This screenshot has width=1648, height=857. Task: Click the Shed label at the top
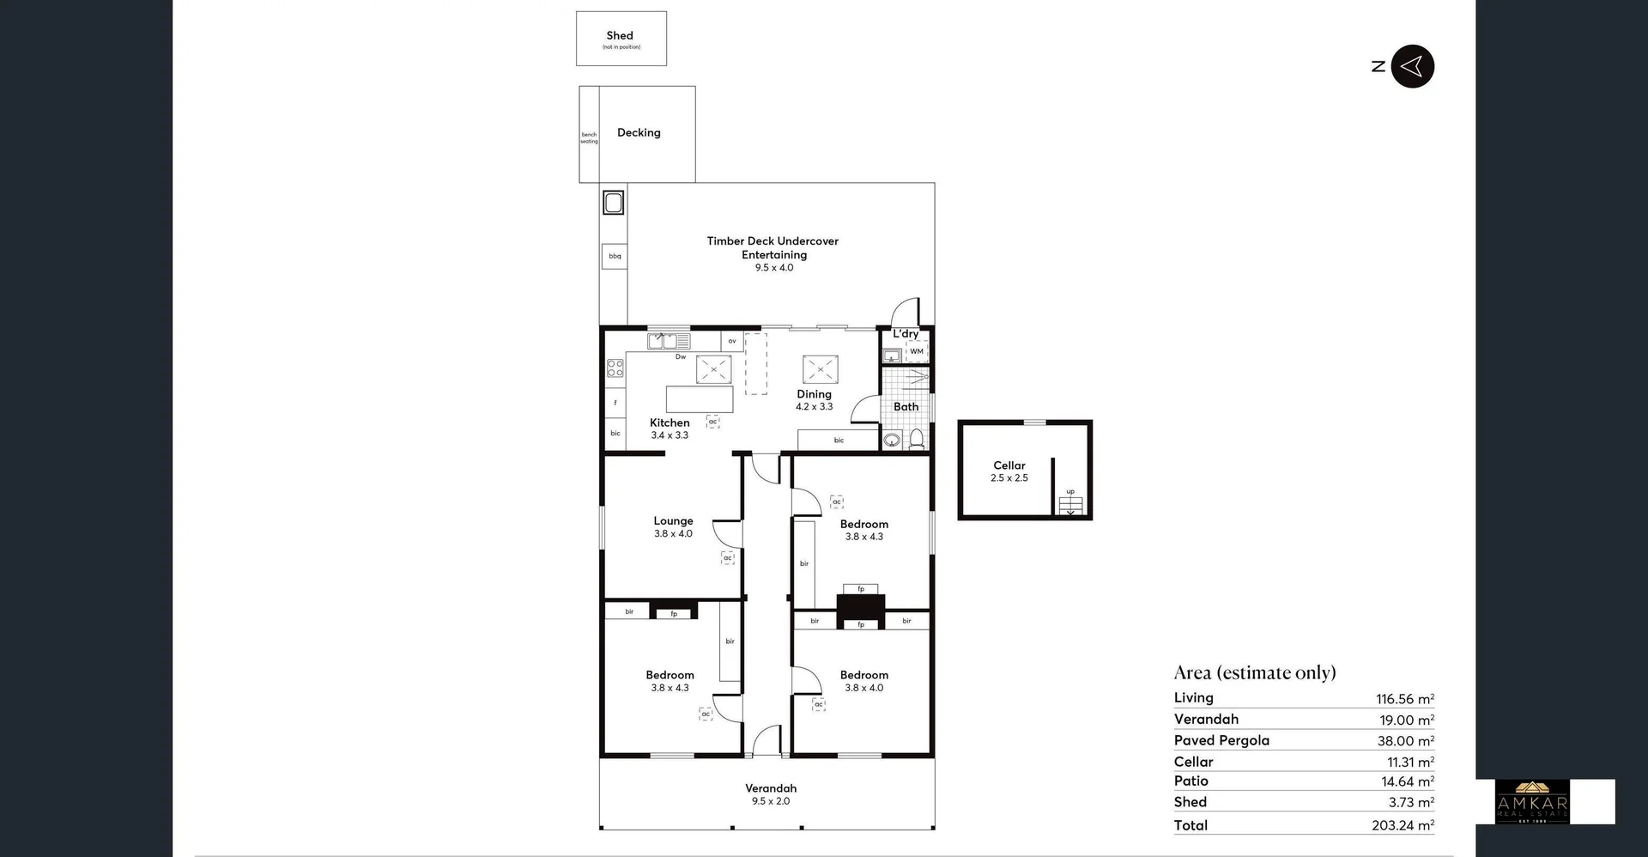[x=620, y=36]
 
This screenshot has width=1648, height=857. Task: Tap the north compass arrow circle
[x=1412, y=66]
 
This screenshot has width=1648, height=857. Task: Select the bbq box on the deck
[x=615, y=256]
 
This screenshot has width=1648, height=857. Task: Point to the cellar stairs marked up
[x=1070, y=504]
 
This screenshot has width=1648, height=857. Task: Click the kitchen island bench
[x=700, y=399]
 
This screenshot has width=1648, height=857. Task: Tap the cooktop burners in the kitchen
[x=615, y=368]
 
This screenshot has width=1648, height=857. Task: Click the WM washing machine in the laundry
[x=917, y=351]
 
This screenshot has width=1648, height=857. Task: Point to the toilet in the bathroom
[x=917, y=440]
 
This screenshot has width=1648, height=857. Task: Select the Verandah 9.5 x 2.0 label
[x=771, y=794]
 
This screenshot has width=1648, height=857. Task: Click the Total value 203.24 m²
[x=1403, y=825]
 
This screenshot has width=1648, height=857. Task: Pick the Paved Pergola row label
[x=1221, y=740]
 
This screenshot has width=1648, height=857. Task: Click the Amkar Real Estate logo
[x=1532, y=802]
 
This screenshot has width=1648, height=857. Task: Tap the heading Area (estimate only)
[x=1255, y=672]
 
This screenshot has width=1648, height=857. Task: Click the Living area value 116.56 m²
[x=1405, y=699]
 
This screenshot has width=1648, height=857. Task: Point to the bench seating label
[x=589, y=137]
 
